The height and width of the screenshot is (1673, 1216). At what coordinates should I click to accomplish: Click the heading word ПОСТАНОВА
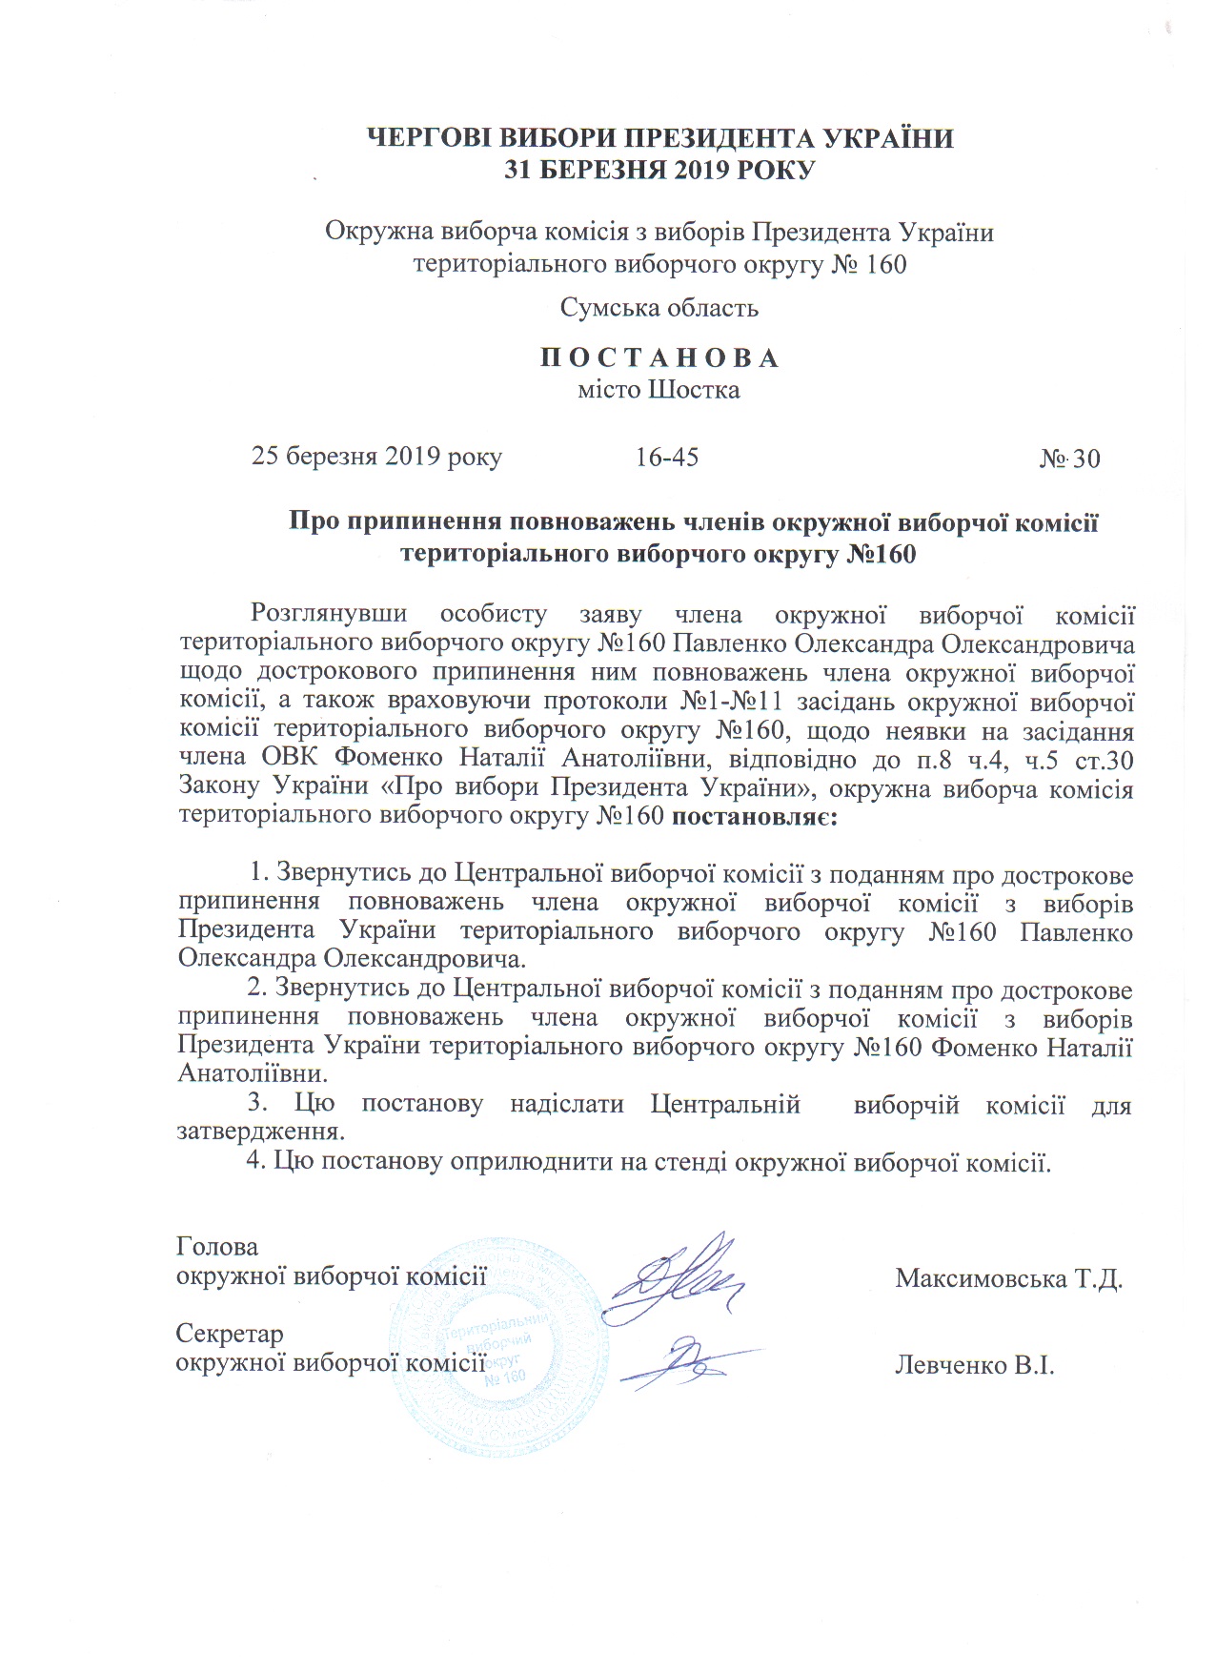[659, 358]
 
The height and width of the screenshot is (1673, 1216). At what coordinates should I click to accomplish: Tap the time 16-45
[667, 458]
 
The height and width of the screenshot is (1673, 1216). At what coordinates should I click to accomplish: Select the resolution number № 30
[1069, 459]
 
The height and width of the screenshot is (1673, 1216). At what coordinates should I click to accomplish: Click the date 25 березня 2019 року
[376, 457]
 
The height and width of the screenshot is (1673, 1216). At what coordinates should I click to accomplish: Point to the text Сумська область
[659, 307]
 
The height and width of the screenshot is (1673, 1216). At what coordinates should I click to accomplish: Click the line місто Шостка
[659, 390]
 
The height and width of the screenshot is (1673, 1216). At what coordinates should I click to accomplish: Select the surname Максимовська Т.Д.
[1009, 1278]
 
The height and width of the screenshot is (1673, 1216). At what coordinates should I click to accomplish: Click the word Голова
[217, 1247]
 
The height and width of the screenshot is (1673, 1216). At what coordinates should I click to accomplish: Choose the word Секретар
[230, 1334]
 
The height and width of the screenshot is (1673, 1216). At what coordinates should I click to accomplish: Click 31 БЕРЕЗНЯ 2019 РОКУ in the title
[659, 171]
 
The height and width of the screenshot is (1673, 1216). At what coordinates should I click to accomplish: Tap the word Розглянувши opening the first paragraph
[329, 615]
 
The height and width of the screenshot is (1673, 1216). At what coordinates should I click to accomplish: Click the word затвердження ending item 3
[259, 1132]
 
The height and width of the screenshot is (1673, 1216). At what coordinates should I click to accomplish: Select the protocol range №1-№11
[733, 702]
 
